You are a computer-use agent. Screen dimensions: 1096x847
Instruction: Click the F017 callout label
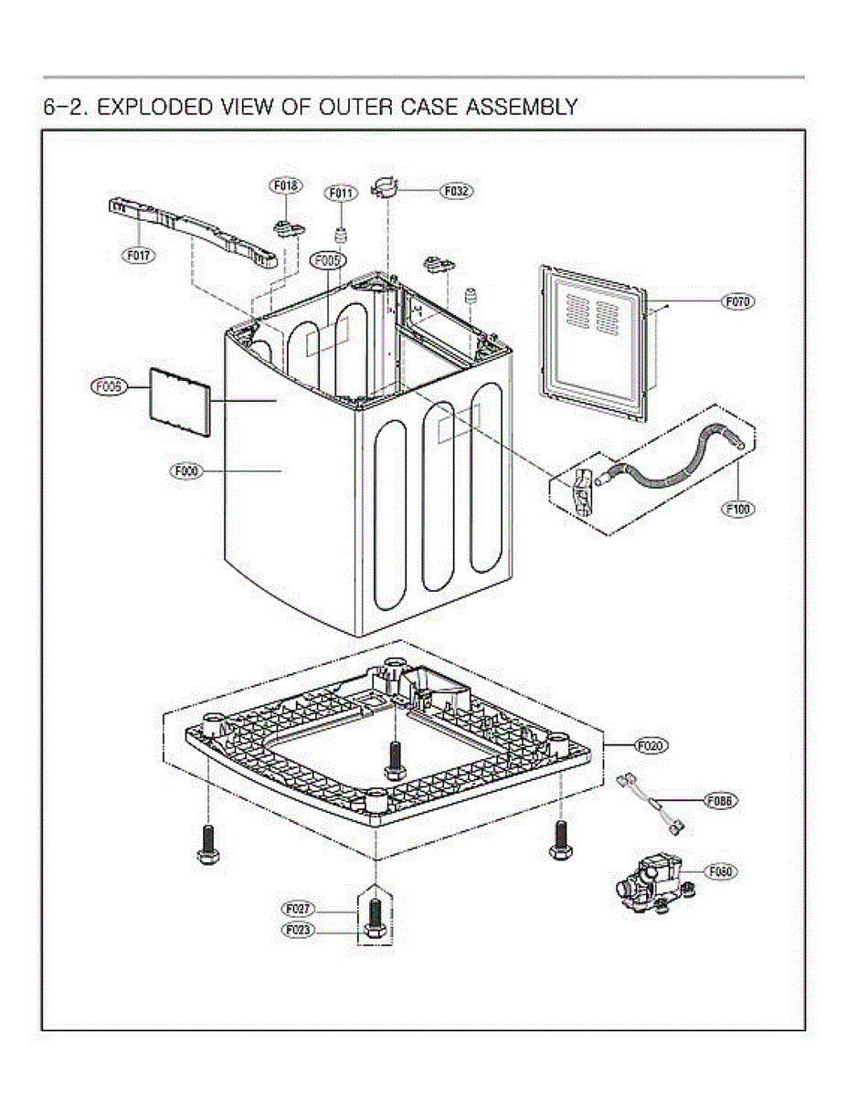(140, 256)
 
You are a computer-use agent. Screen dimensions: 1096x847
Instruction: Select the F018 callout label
(285, 185)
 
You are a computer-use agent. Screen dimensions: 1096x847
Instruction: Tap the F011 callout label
(341, 193)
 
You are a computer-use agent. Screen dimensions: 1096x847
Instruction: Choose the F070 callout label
(738, 300)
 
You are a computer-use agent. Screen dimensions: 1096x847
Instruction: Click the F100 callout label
(738, 509)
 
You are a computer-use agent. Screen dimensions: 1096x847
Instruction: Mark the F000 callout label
(185, 471)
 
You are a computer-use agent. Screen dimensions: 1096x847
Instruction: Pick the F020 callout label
(651, 745)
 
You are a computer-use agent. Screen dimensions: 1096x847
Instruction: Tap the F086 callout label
(721, 800)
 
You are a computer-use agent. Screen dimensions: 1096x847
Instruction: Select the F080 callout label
(720, 871)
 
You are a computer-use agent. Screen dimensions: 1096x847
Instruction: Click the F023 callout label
(298, 931)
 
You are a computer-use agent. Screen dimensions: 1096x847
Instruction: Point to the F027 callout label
(298, 910)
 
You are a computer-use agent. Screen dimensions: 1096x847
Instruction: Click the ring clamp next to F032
(387, 190)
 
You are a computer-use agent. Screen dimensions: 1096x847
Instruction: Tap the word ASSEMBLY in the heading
(522, 107)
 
